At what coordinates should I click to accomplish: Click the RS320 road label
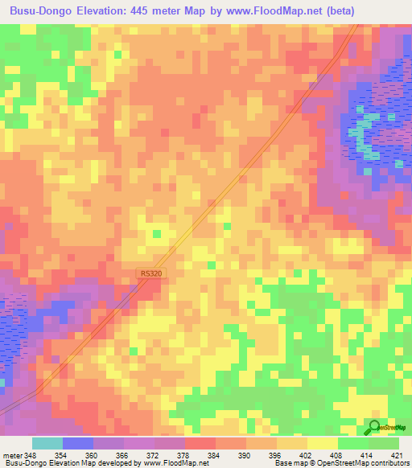coord(150,273)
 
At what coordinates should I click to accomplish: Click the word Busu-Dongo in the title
coord(39,10)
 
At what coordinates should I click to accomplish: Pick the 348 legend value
coord(29,456)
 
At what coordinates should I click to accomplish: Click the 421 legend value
coord(397,456)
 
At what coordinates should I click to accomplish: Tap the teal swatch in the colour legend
coord(47,443)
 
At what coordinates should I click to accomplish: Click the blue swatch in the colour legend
coord(77,443)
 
